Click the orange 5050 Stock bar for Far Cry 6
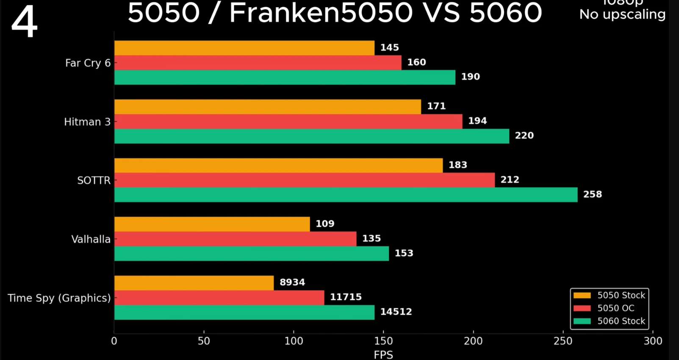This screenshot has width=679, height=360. (x=244, y=48)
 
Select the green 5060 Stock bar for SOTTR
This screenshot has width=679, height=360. (x=346, y=195)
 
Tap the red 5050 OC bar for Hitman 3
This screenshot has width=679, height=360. (x=288, y=122)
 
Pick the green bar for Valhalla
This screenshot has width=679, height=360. (x=252, y=254)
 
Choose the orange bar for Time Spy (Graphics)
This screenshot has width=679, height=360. (x=194, y=283)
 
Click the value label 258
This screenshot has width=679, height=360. (x=592, y=194)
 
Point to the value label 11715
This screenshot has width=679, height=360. (x=346, y=297)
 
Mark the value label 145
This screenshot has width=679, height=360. (x=389, y=48)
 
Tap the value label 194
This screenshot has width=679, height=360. (x=477, y=121)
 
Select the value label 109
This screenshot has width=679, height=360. (x=325, y=224)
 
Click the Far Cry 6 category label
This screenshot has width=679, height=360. (x=88, y=63)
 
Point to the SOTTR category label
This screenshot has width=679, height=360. (x=94, y=180)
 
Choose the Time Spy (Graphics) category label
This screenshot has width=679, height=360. (x=59, y=298)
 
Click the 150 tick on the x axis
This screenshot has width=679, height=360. (x=383, y=341)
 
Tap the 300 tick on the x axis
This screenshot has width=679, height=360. (x=652, y=341)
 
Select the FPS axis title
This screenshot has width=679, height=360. (x=383, y=354)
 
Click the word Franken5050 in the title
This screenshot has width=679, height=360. (x=321, y=13)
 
